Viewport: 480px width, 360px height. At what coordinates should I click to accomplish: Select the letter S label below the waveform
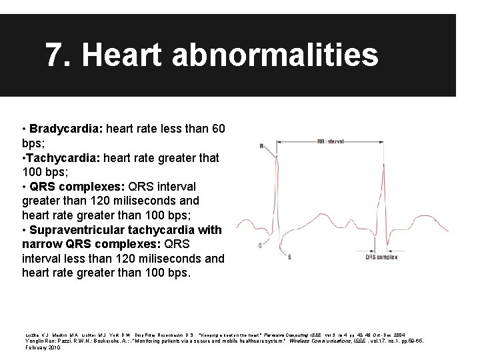click(x=289, y=256)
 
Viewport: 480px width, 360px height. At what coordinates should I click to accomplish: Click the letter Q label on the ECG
click(x=258, y=245)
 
